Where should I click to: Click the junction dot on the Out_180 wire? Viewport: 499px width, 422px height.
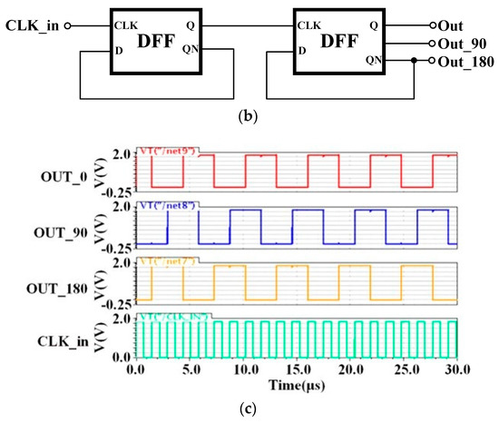(413, 60)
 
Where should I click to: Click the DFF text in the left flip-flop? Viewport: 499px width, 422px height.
(149, 42)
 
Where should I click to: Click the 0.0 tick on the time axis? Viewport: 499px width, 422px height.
(137, 369)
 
